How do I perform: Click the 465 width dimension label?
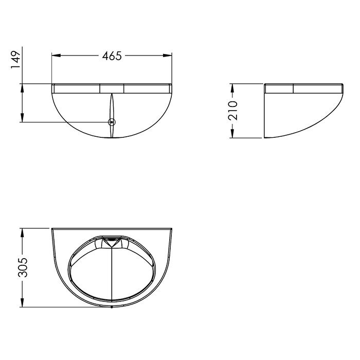tap(112, 56)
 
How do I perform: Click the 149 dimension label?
tap(15, 60)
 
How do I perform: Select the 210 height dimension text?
tap(232, 111)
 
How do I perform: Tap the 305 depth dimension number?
tap(23, 267)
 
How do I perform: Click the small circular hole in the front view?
tap(112, 122)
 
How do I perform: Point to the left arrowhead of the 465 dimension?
tap(56, 56)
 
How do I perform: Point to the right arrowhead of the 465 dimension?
tap(167, 56)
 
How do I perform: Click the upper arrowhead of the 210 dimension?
tap(232, 88)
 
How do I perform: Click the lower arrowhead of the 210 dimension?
tap(232, 134)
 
